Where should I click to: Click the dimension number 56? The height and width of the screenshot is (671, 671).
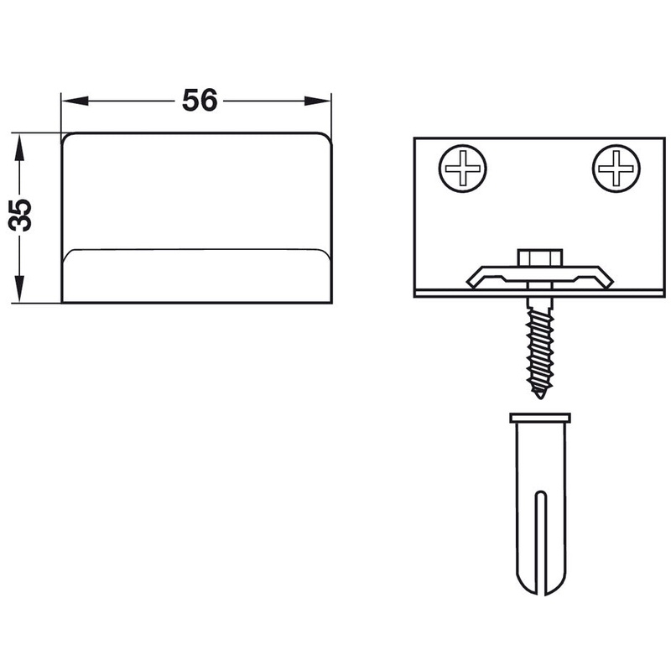200,101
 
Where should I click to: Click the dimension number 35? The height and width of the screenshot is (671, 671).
20,215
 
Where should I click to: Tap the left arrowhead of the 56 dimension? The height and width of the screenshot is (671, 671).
75,101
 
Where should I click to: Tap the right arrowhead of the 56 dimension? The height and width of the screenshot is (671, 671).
318,101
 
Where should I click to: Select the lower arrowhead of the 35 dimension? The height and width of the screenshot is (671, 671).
19,289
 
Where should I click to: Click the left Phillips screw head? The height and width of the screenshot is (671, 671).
463,169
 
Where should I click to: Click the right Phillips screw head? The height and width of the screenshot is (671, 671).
616,169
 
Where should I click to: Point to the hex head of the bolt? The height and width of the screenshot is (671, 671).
540,257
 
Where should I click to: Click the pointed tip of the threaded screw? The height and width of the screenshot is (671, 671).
540,396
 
